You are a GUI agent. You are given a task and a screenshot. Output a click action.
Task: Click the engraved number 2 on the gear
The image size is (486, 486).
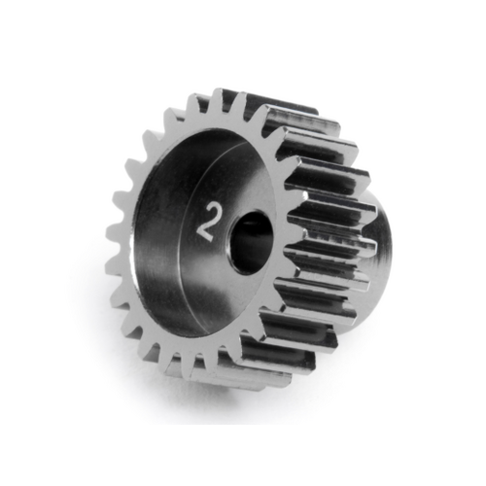[x=205, y=223]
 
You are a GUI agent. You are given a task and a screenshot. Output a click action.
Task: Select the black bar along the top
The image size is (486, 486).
[x=243, y=29]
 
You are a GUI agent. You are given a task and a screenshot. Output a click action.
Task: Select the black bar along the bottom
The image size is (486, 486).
[x=243, y=455]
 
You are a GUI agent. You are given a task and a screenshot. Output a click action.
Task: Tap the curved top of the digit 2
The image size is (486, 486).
[x=204, y=208]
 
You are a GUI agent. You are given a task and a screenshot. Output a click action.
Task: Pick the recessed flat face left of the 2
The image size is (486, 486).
[x=165, y=233]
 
